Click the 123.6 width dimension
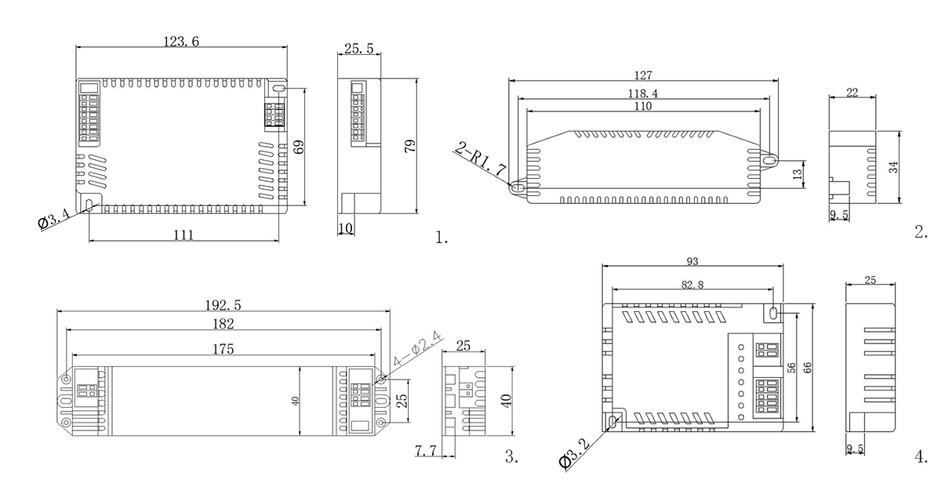(181, 42)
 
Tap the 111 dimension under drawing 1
(183, 234)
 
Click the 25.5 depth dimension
(358, 49)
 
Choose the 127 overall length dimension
(643, 75)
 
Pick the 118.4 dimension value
(643, 93)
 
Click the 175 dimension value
(223, 349)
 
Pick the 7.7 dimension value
(425, 450)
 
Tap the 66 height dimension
(807, 366)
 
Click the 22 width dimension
(852, 93)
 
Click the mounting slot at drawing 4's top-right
(775, 313)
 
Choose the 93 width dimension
(692, 261)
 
